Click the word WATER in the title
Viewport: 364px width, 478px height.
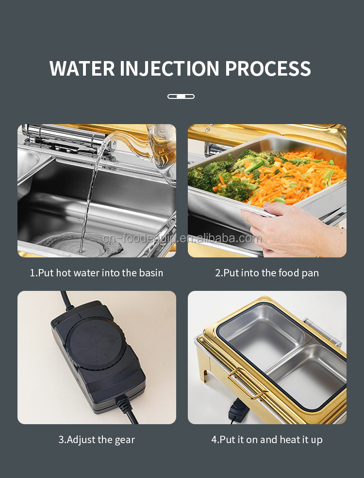coord(82,68)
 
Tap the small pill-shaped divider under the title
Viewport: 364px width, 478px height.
coord(181,96)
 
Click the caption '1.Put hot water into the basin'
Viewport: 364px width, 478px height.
coord(97,273)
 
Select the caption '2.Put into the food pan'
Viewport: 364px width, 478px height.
coord(267,273)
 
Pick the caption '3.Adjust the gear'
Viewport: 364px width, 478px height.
coord(97,440)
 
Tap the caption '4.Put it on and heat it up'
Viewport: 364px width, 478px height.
coord(267,440)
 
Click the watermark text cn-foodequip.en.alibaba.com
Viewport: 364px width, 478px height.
coord(182,239)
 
